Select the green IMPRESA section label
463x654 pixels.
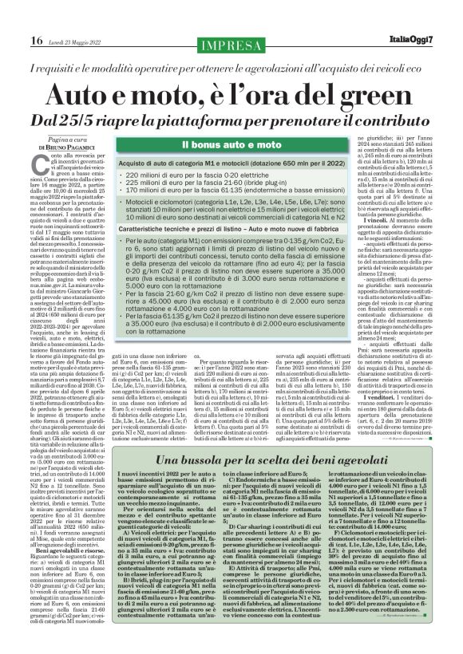(231, 42)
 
